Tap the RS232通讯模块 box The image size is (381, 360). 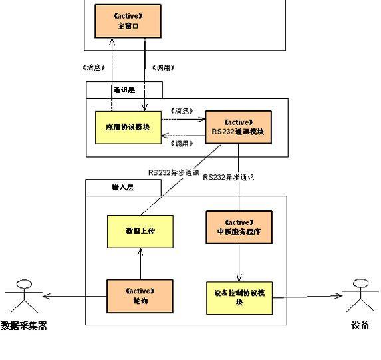pyautogui.click(x=239, y=128)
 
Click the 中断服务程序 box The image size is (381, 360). pyautogui.click(x=239, y=228)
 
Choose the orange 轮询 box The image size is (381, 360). pyautogui.click(x=140, y=297)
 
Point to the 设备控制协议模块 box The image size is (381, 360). pyautogui.click(x=239, y=297)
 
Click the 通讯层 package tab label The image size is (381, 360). pyautogui.click(x=124, y=90)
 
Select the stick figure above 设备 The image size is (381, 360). pyautogui.click(x=360, y=295)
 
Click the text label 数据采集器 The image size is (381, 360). pyautogui.click(x=24, y=326)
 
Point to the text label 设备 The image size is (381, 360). pyautogui.click(x=360, y=326)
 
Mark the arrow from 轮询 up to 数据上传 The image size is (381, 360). pyautogui.click(x=140, y=264)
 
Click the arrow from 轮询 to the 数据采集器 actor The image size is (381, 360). pyautogui.click(x=73, y=297)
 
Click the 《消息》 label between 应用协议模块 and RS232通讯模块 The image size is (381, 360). pyautogui.click(x=182, y=110)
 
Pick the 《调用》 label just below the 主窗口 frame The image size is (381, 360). pyautogui.click(x=164, y=67)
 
